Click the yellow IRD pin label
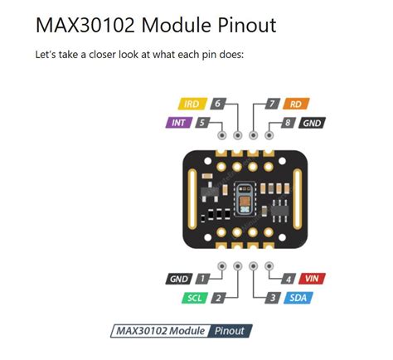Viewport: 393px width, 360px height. [192, 104]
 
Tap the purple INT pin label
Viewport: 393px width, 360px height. [179, 123]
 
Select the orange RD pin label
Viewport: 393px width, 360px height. [296, 104]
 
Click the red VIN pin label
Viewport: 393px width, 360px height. [312, 279]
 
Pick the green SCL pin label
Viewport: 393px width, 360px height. [195, 298]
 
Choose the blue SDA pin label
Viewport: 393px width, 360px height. [298, 298]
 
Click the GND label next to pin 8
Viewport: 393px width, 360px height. [312, 123]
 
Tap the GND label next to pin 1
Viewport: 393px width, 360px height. [179, 279]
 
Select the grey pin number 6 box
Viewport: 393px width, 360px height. [218, 104]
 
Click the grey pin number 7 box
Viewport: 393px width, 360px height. [273, 104]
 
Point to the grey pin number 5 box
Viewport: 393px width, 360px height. [202, 123]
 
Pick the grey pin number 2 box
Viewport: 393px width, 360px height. [219, 298]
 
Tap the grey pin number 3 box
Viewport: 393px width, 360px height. [273, 298]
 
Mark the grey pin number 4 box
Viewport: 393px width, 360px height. [289, 279]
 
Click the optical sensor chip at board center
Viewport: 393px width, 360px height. [245, 199]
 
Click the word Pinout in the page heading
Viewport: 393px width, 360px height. [247, 25]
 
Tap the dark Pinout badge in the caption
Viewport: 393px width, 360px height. [230, 331]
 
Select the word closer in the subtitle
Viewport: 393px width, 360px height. [102, 55]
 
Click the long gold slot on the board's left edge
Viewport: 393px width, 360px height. [192, 199]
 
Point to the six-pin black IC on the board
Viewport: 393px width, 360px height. [279, 210]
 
